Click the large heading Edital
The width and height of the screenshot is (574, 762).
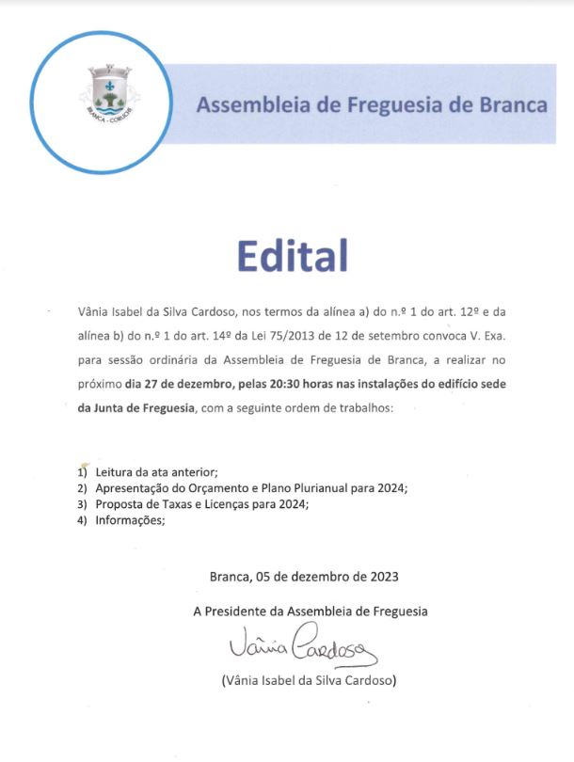point(292,256)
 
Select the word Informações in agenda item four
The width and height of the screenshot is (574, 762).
point(129,521)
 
